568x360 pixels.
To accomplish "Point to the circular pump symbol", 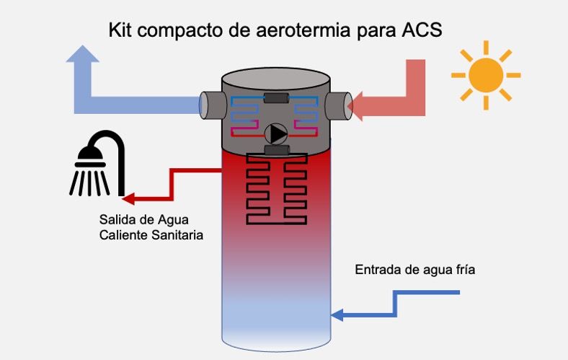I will tap(276, 133).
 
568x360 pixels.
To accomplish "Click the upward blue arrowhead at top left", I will tap(86, 58).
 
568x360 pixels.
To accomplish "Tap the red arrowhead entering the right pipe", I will tap(358, 107).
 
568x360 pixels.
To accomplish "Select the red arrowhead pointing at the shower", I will tap(130, 197).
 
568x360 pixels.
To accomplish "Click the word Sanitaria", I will tap(179, 235).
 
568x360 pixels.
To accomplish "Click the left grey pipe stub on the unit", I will tap(210, 106).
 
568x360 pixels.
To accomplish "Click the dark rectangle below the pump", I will tap(276, 150).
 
